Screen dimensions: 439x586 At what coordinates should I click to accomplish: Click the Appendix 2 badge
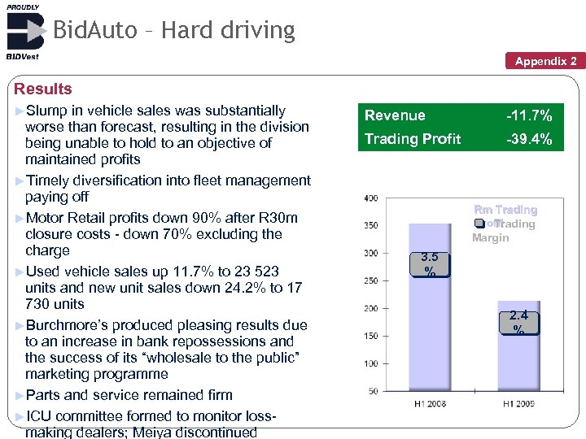point(546,61)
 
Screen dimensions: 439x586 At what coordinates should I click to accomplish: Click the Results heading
point(43,89)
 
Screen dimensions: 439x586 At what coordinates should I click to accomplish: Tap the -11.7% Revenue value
point(529,116)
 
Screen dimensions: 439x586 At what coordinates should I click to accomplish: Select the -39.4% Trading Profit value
point(529,139)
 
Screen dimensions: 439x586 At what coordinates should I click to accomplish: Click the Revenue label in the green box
point(395,116)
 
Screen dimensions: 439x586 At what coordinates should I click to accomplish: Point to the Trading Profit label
point(413,139)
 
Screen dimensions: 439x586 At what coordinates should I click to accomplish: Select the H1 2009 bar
point(518,358)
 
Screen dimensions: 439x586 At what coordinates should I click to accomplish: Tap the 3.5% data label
point(429,264)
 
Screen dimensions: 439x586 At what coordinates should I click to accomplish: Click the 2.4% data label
point(518,321)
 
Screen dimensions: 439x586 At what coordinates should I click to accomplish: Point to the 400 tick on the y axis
point(370,198)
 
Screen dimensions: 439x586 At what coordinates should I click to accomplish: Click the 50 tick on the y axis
point(373,392)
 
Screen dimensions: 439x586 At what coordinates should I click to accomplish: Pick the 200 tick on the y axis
point(370,309)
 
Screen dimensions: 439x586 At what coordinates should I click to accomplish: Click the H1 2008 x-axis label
point(430,404)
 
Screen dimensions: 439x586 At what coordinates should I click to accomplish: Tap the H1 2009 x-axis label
point(518,404)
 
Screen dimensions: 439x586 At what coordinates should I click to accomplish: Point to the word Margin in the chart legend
point(490,237)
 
